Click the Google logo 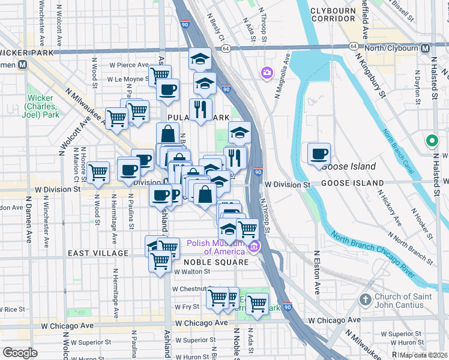(20, 353)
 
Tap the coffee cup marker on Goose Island (319, 154)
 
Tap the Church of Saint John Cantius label (410, 303)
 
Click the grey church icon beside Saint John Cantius (366, 299)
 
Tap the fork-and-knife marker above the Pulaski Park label (200, 109)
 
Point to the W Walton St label (190, 271)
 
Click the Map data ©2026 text (424, 355)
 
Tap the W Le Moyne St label (127, 79)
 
